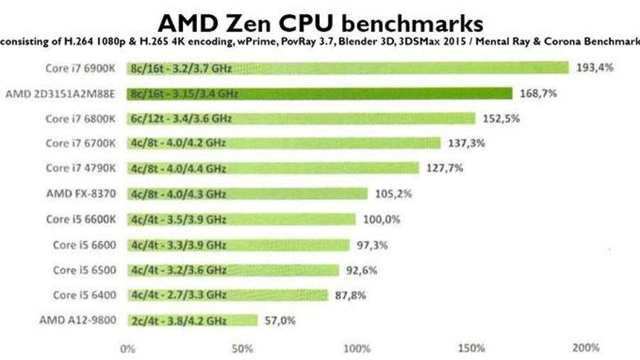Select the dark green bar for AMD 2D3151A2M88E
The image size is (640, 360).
coord(319,93)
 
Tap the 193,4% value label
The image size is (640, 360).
coord(594,68)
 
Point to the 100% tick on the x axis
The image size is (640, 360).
coord(356,348)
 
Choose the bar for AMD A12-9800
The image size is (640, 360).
coord(192,320)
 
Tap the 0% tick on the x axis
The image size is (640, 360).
coord(128,348)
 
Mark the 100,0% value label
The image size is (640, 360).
coord(378,219)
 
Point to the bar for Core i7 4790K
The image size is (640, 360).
coord(273,169)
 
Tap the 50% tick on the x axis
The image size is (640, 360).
coord(242,348)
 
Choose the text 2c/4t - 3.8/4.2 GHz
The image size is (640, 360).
coord(178,321)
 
